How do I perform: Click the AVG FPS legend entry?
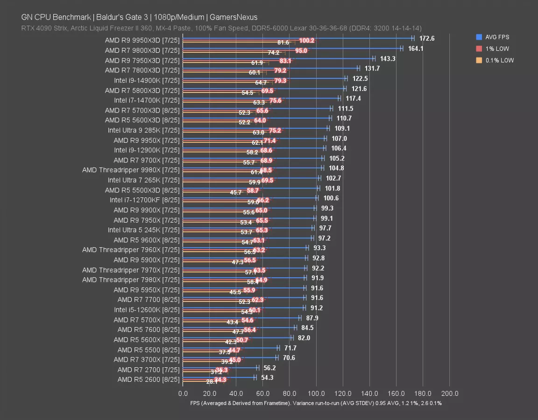(x=497, y=37)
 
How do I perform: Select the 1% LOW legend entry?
(x=497, y=49)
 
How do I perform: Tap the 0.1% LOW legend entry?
(x=499, y=60)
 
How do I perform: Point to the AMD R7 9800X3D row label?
(x=142, y=50)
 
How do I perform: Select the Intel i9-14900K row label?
(x=147, y=80)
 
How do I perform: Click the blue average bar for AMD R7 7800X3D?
(x=271, y=68)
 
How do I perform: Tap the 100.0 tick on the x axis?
(x=316, y=393)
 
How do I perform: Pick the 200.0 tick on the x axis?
(x=450, y=393)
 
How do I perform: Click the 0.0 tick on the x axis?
(x=183, y=393)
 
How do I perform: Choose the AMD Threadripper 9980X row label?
(x=131, y=170)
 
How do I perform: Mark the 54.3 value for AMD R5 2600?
(x=267, y=378)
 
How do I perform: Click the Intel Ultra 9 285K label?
(x=143, y=130)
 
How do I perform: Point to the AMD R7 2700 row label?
(x=149, y=370)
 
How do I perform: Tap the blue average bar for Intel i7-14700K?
(x=261, y=98)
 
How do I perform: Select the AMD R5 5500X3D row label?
(x=142, y=190)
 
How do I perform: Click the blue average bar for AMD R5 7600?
(x=239, y=327)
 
